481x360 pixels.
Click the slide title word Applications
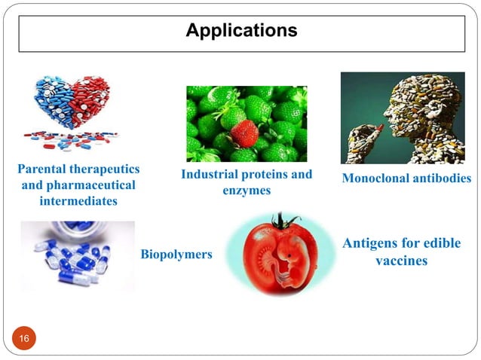(241, 31)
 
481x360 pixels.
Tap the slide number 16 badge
(24, 340)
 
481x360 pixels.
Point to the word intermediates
(78, 202)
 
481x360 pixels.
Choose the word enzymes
(247, 191)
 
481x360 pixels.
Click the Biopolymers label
(176, 255)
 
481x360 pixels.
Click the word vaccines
(401, 261)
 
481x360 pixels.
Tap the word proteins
(265, 175)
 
